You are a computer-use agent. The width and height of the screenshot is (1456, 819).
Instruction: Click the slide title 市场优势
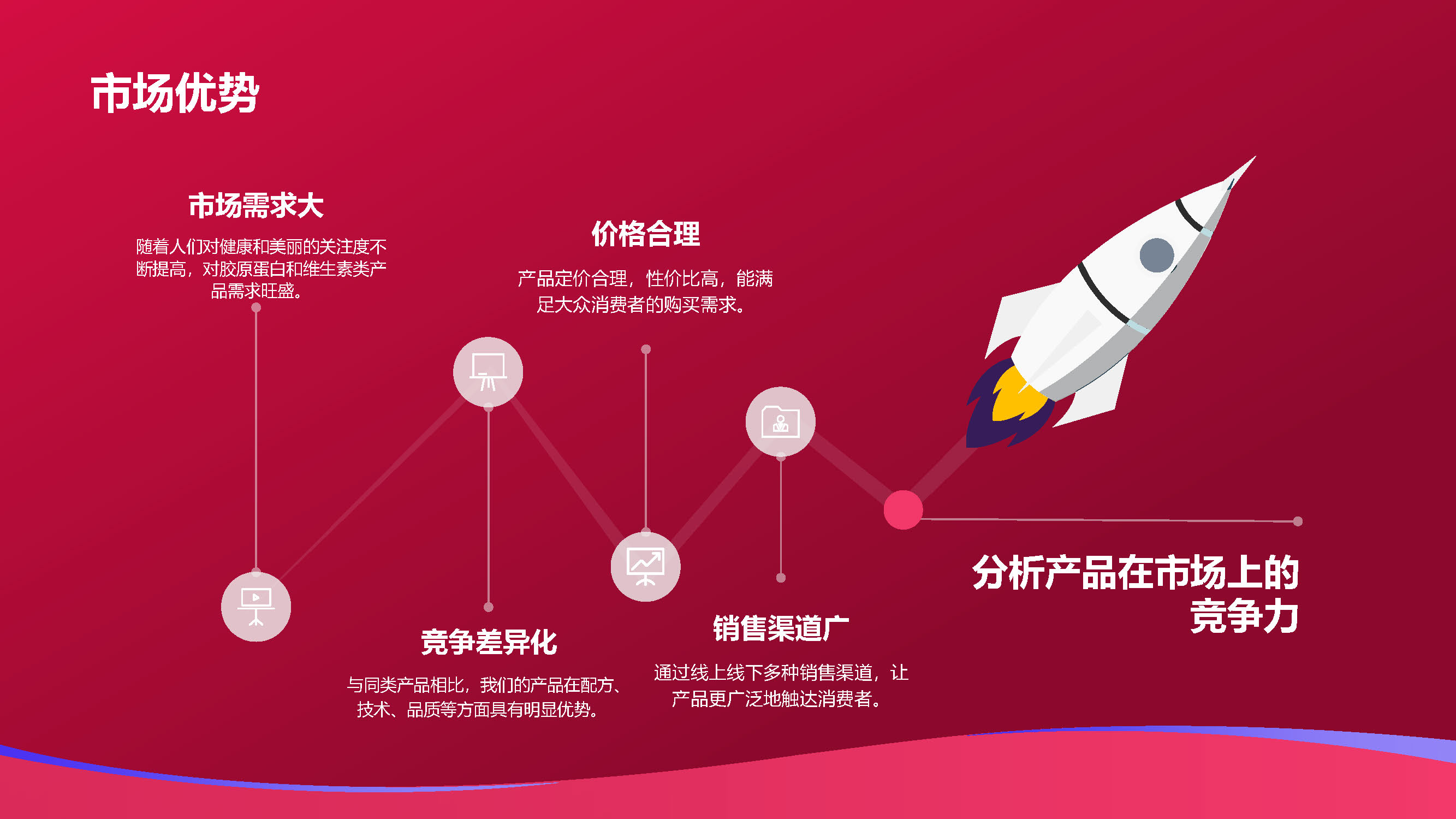pos(175,93)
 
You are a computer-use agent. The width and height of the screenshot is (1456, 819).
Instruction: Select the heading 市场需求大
pos(256,205)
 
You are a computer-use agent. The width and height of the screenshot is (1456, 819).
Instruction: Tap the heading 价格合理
pos(645,234)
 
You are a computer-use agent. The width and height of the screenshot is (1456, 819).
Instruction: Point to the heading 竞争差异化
pos(489,642)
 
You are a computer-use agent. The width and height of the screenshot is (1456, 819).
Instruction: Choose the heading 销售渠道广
pos(781,628)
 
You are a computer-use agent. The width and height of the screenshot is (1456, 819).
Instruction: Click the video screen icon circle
pos(256,607)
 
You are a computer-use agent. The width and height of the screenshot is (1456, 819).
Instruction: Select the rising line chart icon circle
pos(645,566)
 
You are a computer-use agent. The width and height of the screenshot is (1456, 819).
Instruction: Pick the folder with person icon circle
pos(781,422)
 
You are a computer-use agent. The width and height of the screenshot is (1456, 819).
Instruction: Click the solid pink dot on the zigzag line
pos(903,510)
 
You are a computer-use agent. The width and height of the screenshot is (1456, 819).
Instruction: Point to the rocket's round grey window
pos(1156,255)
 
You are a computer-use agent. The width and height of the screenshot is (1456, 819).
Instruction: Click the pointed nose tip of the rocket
pos(1255,157)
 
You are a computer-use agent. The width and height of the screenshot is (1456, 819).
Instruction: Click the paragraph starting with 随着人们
pos(261,269)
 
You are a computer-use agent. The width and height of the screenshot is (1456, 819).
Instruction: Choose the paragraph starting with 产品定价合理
pos(645,292)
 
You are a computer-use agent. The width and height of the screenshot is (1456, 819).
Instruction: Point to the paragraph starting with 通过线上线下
pos(781,686)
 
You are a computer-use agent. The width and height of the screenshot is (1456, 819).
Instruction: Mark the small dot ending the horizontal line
pos(1298,521)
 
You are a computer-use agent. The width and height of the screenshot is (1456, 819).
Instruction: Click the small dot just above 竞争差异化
pos(489,607)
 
